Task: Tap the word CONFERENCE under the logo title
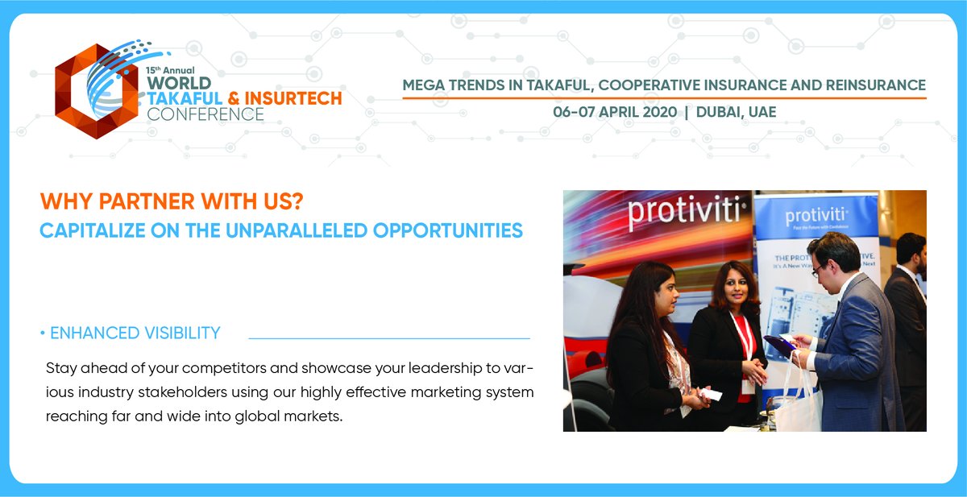205,114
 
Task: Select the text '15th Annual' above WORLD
169,71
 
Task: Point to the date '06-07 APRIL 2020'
613,112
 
